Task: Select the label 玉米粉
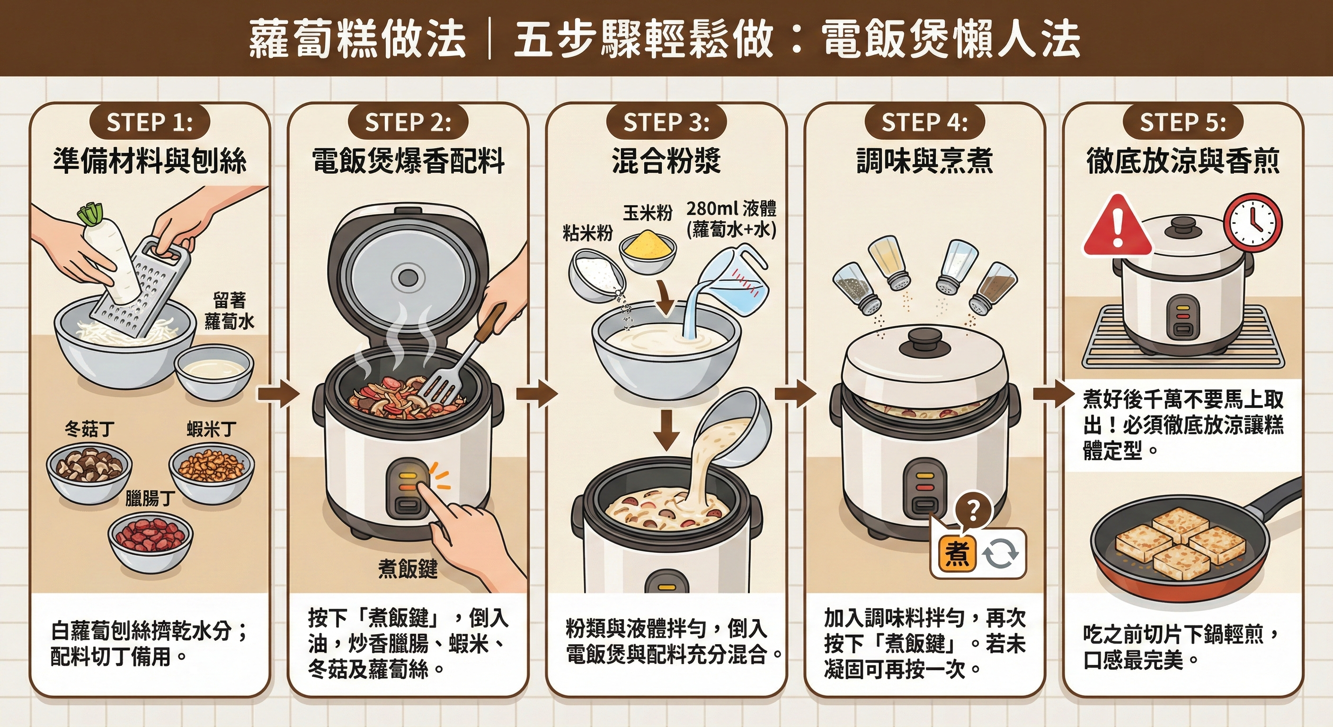[x=648, y=213]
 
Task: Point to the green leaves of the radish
[x=91, y=214]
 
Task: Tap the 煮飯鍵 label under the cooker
[x=408, y=568]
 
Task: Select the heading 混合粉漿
[x=666, y=161]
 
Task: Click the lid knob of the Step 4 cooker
[x=924, y=342]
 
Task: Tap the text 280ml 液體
[x=731, y=209]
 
